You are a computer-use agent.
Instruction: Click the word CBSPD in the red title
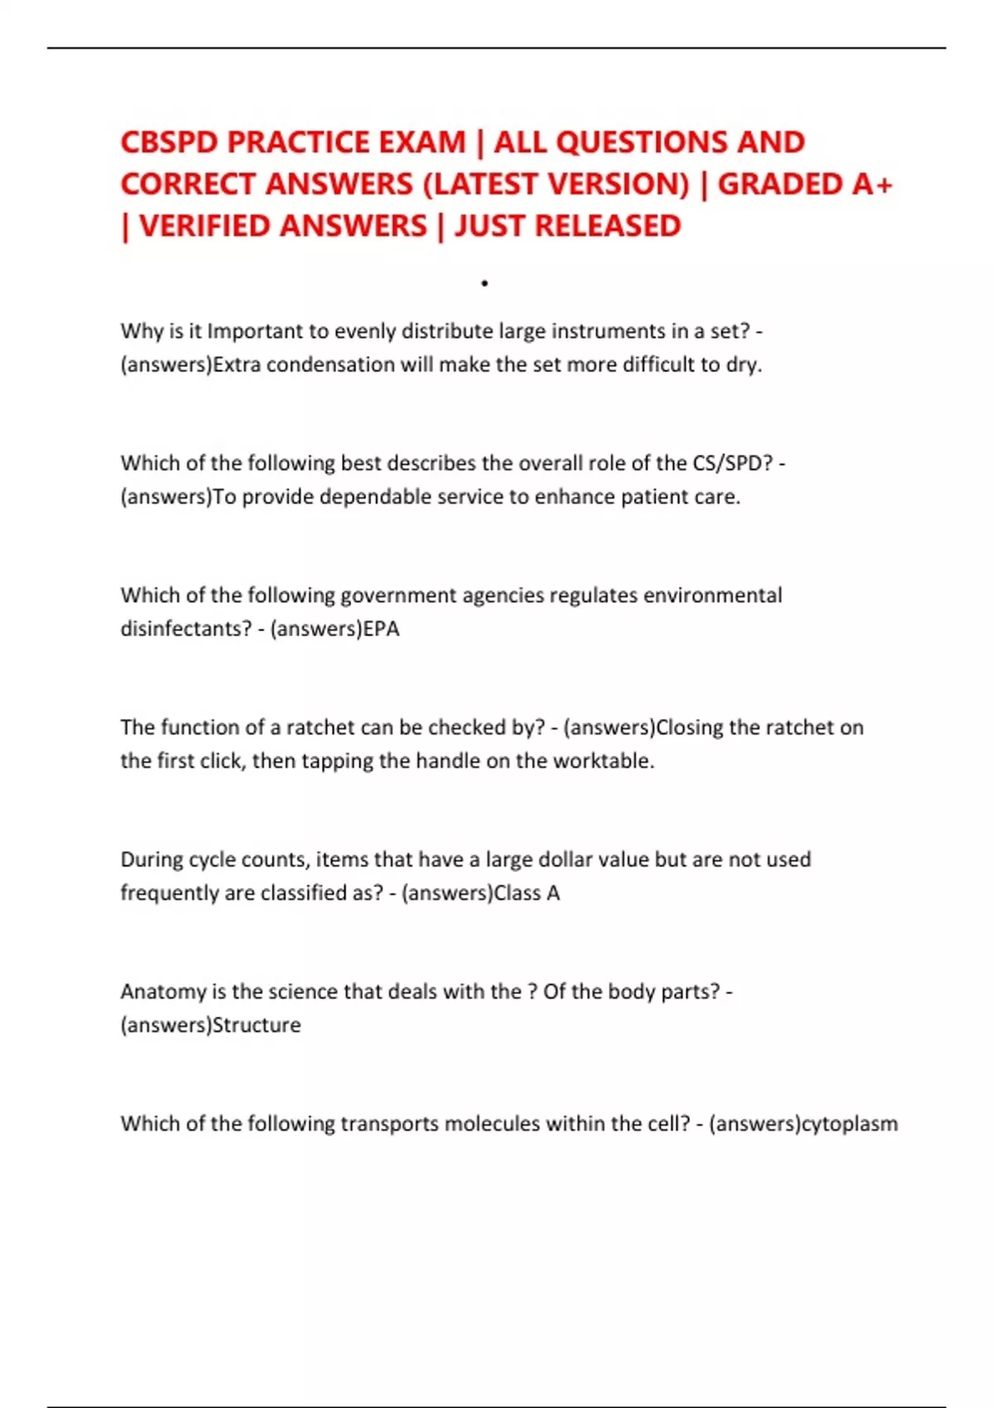(x=169, y=142)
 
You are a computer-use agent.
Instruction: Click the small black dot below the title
(x=485, y=284)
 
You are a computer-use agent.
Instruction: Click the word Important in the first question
(x=255, y=331)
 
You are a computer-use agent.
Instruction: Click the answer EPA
(x=382, y=629)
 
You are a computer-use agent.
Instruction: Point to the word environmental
(x=712, y=596)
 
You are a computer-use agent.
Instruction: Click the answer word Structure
(x=257, y=1025)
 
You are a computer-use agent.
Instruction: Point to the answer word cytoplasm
(x=850, y=1124)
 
